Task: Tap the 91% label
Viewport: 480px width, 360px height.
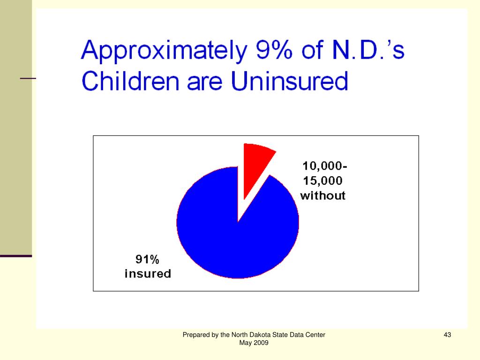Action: [148, 259]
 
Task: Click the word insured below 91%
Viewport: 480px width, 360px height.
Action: [148, 274]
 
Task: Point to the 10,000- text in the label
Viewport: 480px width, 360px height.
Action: [325, 166]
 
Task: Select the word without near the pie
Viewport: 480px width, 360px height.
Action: [323, 195]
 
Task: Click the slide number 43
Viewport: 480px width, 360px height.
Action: [447, 335]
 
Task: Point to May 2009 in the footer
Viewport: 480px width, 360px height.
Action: [254, 343]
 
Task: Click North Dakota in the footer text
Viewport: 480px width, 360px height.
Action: [247, 335]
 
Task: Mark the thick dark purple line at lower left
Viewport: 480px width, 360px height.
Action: [16, 256]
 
